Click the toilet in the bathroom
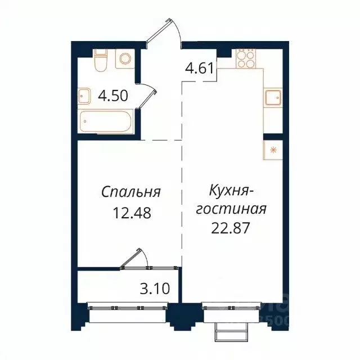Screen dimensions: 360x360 pyautogui.click(x=100, y=61)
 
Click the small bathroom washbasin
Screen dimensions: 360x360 pyautogui.click(x=84, y=97)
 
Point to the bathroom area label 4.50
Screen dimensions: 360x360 pyautogui.click(x=114, y=96)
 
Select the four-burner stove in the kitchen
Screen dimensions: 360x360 pyautogui.click(x=246, y=58)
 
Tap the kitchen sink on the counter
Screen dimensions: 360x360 pyautogui.click(x=272, y=98)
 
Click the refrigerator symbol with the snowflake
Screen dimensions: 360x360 pyautogui.click(x=273, y=150)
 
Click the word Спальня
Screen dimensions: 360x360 pyautogui.click(x=131, y=192)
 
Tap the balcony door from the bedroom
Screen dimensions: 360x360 pyautogui.click(x=134, y=259)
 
